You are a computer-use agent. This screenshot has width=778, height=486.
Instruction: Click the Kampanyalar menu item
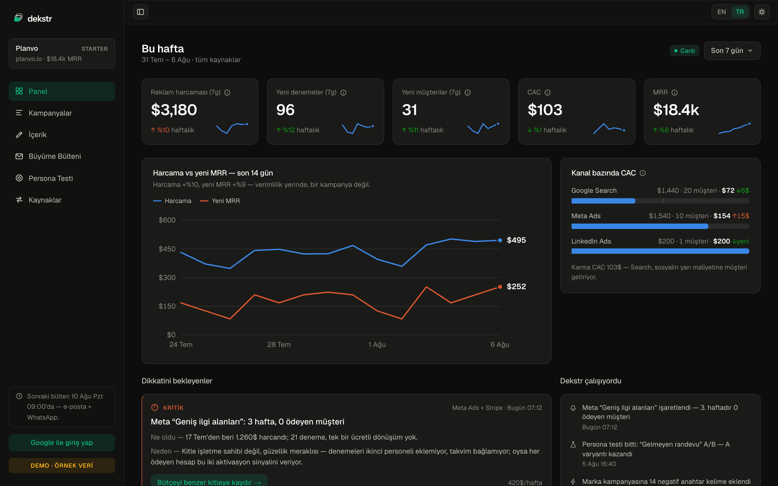click(x=62, y=113)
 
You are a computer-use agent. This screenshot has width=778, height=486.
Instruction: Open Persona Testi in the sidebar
click(x=62, y=178)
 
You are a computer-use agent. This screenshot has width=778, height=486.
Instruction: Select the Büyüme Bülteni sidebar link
click(x=62, y=156)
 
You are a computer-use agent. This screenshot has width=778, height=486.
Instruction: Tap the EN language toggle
click(x=722, y=12)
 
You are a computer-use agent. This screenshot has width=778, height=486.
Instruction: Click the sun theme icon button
click(x=762, y=12)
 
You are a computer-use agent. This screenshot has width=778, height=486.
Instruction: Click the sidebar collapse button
click(x=140, y=12)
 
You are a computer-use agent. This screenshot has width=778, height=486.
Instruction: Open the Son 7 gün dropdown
click(x=732, y=50)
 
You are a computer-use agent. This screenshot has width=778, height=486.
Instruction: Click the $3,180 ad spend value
click(x=174, y=110)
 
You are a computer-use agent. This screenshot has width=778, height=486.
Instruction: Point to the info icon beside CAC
click(x=548, y=93)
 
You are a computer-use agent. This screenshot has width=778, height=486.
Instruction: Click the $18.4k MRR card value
click(x=676, y=110)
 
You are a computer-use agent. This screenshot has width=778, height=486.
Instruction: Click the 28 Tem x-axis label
click(x=279, y=345)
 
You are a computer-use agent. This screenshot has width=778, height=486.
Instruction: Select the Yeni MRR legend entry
click(x=220, y=201)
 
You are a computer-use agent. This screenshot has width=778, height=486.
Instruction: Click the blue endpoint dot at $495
click(x=500, y=240)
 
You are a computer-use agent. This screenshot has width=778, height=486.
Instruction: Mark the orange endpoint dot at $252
click(x=500, y=287)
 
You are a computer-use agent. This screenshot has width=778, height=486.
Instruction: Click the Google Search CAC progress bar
click(x=660, y=201)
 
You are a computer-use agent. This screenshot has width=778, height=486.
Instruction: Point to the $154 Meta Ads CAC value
click(x=722, y=216)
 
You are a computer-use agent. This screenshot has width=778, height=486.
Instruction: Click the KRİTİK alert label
click(x=173, y=408)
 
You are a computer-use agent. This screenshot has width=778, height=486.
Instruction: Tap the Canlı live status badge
click(x=685, y=51)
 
